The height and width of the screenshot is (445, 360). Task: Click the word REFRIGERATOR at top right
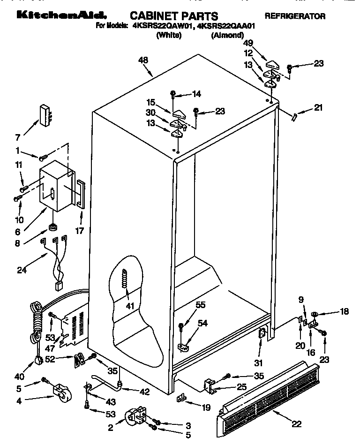click(x=295, y=16)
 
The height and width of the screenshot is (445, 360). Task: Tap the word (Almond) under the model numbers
click(x=227, y=35)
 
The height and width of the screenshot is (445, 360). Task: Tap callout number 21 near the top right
click(x=318, y=108)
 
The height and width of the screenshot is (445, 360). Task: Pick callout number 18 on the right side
click(x=344, y=311)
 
